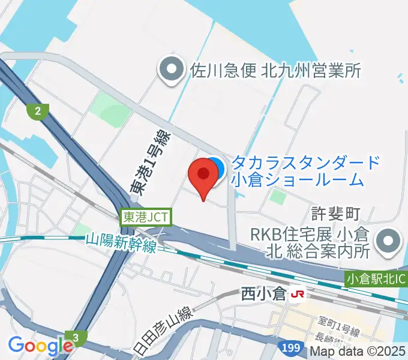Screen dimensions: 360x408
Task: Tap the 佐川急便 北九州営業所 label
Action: [x=275, y=71]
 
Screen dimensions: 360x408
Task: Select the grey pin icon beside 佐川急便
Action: [x=172, y=71]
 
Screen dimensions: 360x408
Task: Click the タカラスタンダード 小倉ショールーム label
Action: [x=306, y=170]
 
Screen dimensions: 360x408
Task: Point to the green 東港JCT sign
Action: [x=146, y=217]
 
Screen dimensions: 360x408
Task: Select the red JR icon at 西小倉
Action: [x=296, y=295]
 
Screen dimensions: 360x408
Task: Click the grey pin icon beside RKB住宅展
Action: [x=388, y=242]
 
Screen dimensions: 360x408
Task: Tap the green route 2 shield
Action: [x=38, y=110]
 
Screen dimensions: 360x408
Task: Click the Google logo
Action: [x=40, y=346]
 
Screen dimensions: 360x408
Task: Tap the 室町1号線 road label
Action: [x=339, y=332]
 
